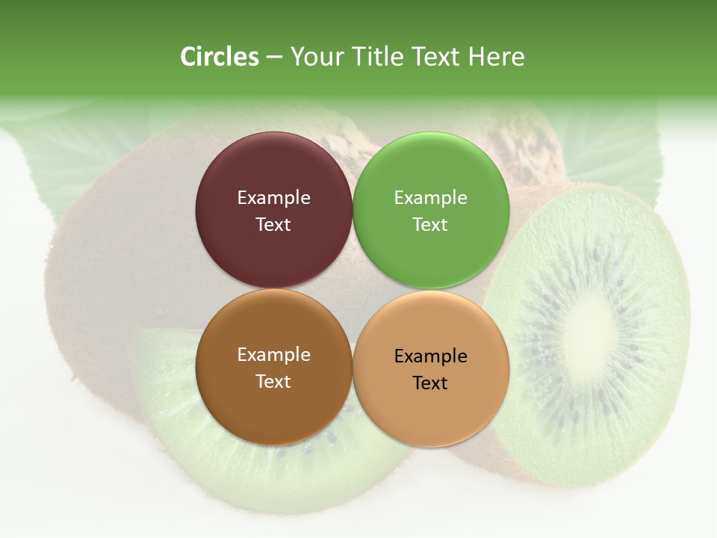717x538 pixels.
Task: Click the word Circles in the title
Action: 219,57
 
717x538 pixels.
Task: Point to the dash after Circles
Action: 274,58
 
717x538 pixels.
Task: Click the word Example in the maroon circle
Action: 273,198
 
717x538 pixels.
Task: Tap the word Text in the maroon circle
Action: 273,225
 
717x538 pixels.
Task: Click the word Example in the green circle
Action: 430,198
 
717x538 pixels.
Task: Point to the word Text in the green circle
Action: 430,225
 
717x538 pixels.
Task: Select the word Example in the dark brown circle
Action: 273,355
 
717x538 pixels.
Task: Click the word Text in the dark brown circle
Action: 273,382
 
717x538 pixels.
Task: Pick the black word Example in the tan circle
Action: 430,356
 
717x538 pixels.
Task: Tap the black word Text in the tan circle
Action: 430,383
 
